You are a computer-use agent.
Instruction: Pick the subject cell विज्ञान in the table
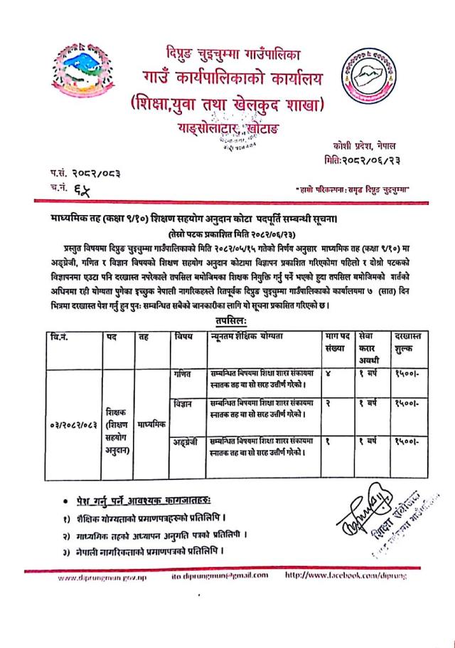pos(183,404)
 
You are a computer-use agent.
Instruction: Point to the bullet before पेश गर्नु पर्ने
pos(65,503)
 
